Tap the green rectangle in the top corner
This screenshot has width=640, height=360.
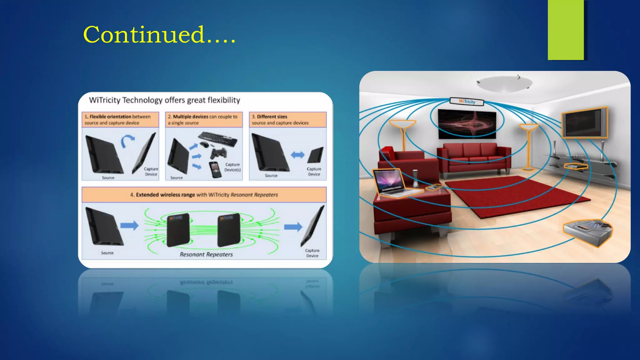pyautogui.click(x=565, y=30)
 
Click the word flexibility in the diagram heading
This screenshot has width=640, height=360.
pyautogui.click(x=224, y=100)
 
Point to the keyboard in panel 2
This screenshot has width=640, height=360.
pyautogui.click(x=217, y=138)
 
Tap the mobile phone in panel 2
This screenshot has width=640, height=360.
pyautogui.click(x=215, y=170)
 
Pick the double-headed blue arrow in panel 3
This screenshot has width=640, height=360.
pyautogui.click(x=297, y=155)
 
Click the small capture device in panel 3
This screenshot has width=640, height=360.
pyautogui.click(x=315, y=155)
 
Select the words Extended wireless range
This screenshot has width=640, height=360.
pyautogui.click(x=165, y=195)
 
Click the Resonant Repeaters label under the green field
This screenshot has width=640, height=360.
pyautogui.click(x=206, y=254)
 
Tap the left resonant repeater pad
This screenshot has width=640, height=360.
pyautogui.click(x=178, y=229)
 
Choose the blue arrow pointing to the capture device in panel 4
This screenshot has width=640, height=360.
pyautogui.click(x=293, y=227)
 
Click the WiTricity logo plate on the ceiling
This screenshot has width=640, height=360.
pyautogui.click(x=467, y=101)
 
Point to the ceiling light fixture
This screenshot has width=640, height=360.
pyautogui.click(x=504, y=83)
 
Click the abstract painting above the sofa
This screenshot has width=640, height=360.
pyautogui.click(x=467, y=124)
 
